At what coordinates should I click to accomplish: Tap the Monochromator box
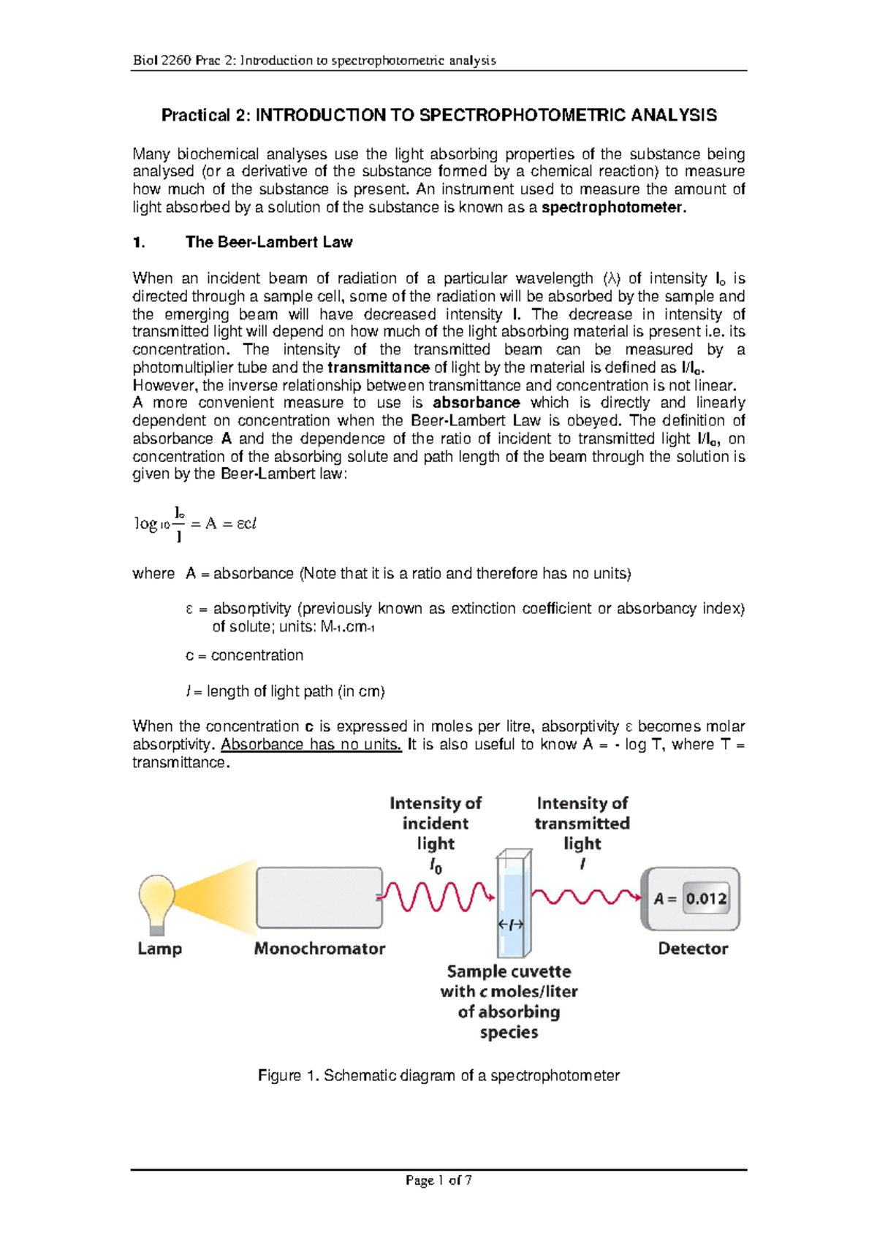[x=319, y=897]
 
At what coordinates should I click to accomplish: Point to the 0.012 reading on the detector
[x=706, y=899]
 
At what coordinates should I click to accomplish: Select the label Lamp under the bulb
[x=159, y=949]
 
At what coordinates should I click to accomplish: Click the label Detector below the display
[x=692, y=949]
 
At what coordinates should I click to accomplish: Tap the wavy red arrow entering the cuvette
[x=436, y=896]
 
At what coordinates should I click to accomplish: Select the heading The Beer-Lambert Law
[x=269, y=242]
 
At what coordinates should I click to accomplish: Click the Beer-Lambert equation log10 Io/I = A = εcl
[x=195, y=524]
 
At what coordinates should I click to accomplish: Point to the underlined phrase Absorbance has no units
[x=311, y=745]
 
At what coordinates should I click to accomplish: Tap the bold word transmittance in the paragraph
[x=379, y=368]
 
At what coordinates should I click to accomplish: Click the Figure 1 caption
[x=438, y=1076]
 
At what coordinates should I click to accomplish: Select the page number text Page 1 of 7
[x=438, y=1180]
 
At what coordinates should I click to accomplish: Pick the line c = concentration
[x=244, y=656]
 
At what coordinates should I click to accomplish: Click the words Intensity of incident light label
[x=436, y=824]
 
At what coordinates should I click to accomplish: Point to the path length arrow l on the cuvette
[x=511, y=925]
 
